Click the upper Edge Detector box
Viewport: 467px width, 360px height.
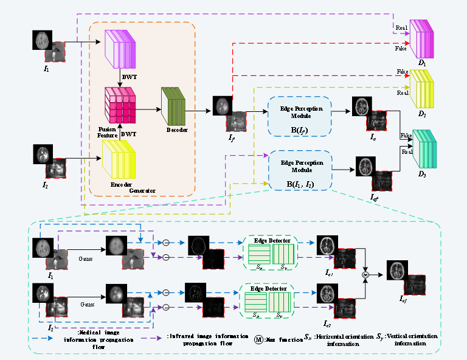click(x=271, y=252)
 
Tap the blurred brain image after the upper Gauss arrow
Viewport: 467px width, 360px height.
click(x=116, y=245)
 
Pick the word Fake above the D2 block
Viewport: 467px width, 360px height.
click(x=403, y=72)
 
